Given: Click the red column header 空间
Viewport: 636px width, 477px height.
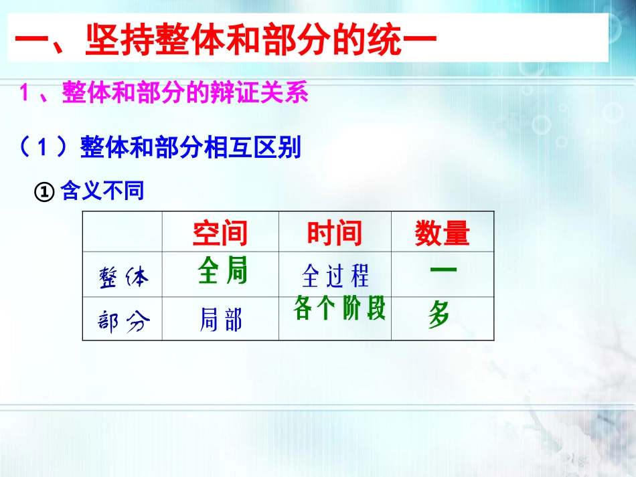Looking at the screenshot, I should (x=220, y=233).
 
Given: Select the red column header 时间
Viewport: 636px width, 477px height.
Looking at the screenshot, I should (x=334, y=233).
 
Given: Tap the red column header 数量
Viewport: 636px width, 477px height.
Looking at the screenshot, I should (x=442, y=233).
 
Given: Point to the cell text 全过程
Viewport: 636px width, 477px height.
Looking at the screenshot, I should (x=335, y=276).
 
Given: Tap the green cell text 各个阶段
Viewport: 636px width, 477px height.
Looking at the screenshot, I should (x=339, y=308).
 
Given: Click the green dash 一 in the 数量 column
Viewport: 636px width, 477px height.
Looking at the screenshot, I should (x=443, y=270).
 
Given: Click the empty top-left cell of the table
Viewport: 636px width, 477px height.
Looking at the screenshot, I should (x=123, y=231).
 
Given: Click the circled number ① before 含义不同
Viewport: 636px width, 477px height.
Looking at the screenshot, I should (x=43, y=193).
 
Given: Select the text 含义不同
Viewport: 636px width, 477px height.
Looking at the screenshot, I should (x=102, y=192).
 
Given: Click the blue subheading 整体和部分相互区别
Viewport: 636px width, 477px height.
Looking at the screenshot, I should (x=191, y=147).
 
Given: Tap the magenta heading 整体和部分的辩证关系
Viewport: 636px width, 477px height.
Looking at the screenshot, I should (x=185, y=93).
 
